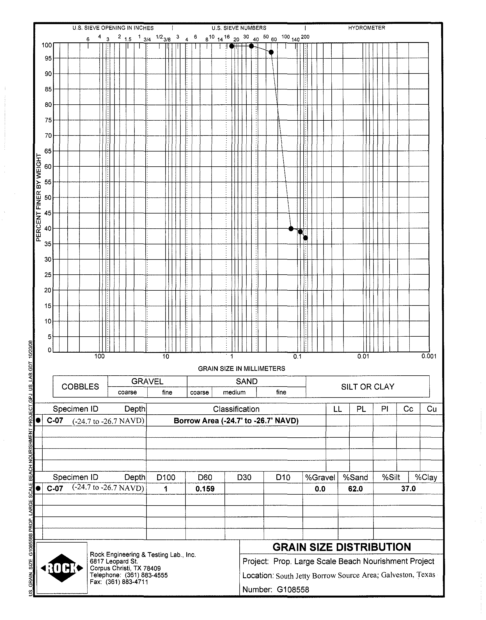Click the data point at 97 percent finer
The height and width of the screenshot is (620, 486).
271,52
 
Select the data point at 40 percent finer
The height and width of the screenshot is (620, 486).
291,229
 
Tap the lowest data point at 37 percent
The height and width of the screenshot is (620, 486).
305,238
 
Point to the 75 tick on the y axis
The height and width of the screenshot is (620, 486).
48,120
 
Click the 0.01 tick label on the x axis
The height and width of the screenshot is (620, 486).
363,356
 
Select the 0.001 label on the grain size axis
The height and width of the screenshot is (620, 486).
429,356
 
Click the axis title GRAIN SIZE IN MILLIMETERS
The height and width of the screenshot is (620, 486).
241,369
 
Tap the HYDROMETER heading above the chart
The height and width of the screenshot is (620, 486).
366,28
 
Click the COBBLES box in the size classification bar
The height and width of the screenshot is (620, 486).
80,387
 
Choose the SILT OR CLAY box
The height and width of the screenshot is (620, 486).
368,387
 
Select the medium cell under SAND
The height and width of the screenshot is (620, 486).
234,392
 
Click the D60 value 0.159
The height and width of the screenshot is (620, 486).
205,489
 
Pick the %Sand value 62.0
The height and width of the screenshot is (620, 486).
356,489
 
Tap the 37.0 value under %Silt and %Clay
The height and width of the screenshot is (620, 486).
408,489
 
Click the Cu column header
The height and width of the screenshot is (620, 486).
431,409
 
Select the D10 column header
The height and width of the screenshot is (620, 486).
283,477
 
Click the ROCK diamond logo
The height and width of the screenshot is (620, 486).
62,568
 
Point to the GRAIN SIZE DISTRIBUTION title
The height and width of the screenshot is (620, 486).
341,547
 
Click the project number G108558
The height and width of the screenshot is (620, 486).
293,590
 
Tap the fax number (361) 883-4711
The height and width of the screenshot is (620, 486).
127,582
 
